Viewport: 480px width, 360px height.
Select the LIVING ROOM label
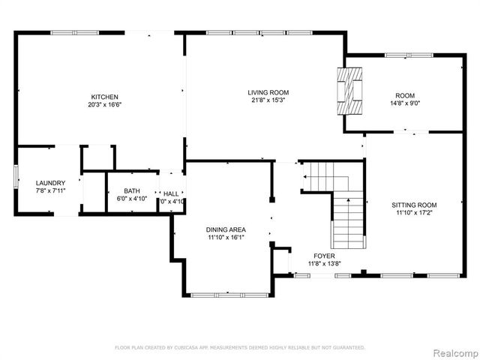coord(268,93)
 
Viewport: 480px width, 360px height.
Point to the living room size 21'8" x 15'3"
coord(268,101)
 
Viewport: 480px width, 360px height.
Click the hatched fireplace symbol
coord(349,90)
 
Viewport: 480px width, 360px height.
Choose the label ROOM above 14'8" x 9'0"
coord(405,95)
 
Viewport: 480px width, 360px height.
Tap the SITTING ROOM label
coord(414,205)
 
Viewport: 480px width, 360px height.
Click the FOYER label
coord(324,256)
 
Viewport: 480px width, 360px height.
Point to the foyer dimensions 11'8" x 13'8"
coord(324,264)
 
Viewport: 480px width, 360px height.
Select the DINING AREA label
coord(226,229)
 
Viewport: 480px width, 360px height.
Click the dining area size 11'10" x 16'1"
coord(226,238)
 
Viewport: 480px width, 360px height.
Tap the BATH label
coord(132,190)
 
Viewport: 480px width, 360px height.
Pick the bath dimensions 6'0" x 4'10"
coord(132,199)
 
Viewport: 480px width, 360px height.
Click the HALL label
coord(172,193)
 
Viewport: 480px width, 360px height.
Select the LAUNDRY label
coord(50,183)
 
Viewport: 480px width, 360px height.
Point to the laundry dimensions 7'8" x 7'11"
coord(50,191)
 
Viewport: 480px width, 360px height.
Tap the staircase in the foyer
coord(347,217)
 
